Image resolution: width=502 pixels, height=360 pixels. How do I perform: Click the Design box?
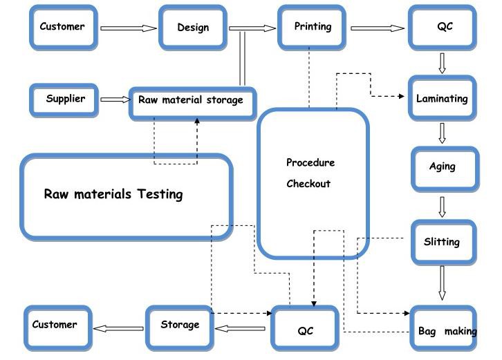click(193, 28)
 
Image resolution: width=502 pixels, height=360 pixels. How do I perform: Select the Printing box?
click(313, 27)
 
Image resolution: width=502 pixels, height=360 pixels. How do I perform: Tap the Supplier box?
click(66, 99)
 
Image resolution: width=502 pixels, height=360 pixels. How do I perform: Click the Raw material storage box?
click(192, 101)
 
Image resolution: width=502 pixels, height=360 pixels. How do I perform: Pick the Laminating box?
click(442, 99)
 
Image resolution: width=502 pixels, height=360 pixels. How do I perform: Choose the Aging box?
click(443, 167)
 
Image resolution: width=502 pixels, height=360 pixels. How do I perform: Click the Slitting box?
click(442, 242)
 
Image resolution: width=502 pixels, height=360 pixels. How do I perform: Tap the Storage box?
click(180, 325)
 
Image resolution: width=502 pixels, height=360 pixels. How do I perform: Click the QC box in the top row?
click(444, 28)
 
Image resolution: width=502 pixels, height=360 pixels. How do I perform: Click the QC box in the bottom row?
click(306, 330)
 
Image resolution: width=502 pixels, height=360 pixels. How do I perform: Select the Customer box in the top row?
click(62, 27)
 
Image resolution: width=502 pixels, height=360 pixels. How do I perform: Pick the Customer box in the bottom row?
click(55, 325)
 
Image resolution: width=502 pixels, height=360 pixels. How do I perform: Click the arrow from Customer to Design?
click(129, 28)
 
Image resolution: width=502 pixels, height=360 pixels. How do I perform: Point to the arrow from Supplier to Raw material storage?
click(115, 100)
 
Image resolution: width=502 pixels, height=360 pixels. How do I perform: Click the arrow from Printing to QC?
click(378, 28)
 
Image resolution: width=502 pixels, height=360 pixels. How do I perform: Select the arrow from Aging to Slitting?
click(443, 206)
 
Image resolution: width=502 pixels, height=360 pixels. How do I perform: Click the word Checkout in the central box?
click(308, 184)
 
